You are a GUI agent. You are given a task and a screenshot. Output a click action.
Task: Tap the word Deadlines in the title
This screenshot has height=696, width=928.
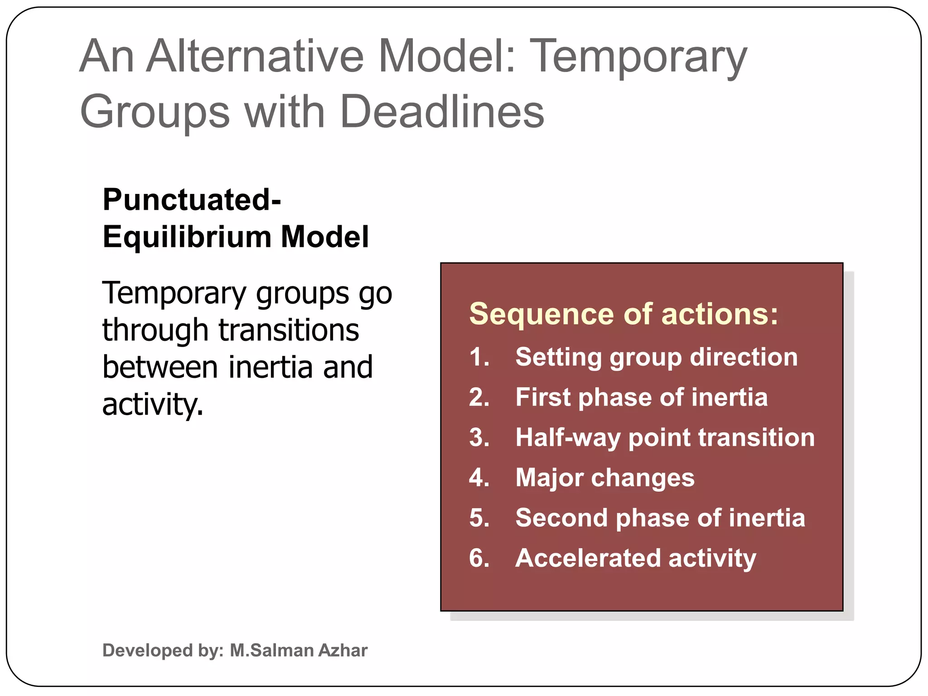pyautogui.click(x=442, y=112)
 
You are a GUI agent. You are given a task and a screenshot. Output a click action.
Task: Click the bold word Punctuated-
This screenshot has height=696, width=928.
pyautogui.click(x=192, y=200)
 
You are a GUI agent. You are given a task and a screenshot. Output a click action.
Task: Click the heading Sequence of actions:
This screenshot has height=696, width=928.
pyautogui.click(x=623, y=314)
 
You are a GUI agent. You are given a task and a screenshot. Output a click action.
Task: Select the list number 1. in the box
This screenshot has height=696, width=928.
pyautogui.click(x=479, y=357)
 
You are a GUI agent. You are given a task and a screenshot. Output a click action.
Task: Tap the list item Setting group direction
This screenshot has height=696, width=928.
pyautogui.click(x=656, y=357)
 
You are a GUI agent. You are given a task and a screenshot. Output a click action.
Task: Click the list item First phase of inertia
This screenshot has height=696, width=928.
pyautogui.click(x=641, y=397)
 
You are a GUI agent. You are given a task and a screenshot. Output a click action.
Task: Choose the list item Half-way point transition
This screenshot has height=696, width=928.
pyautogui.click(x=665, y=438)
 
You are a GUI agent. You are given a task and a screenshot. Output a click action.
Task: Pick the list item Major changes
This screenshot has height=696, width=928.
pyautogui.click(x=604, y=478)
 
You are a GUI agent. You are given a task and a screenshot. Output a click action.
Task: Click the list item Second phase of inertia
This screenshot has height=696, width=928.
pyautogui.click(x=660, y=518)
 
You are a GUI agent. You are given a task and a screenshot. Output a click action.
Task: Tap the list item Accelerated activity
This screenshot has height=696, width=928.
pyautogui.click(x=635, y=558)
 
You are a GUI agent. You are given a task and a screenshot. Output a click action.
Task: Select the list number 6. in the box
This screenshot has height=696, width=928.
pyautogui.click(x=479, y=558)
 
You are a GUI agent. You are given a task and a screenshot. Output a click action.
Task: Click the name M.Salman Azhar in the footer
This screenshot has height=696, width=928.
pyautogui.click(x=299, y=650)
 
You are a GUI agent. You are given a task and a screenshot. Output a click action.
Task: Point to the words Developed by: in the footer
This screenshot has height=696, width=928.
pyautogui.click(x=163, y=650)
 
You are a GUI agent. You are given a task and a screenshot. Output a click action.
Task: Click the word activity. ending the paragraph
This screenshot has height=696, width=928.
pyautogui.click(x=153, y=404)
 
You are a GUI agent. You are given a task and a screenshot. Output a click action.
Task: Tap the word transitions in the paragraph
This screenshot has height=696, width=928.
pyautogui.click(x=289, y=330)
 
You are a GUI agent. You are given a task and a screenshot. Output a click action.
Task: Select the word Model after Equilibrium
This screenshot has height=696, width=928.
pyautogui.click(x=324, y=237)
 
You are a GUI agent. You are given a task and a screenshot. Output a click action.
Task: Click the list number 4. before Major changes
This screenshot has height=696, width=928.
pyautogui.click(x=479, y=478)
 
